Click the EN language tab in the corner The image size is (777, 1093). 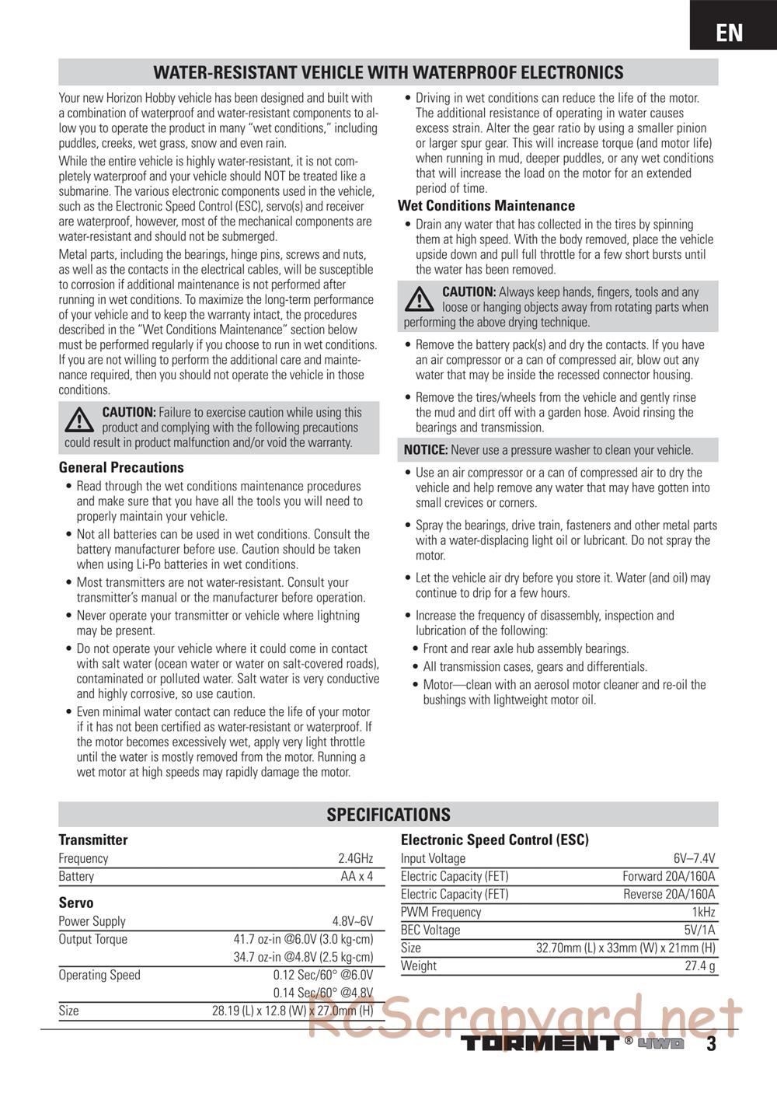click(730, 32)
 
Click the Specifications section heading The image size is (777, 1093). click(388, 815)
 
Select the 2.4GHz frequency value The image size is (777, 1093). click(355, 858)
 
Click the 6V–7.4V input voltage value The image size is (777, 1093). click(694, 858)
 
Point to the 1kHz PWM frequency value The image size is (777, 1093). click(703, 912)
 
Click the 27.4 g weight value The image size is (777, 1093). click(699, 966)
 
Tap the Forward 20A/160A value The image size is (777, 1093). click(668, 876)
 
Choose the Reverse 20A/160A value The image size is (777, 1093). click(669, 894)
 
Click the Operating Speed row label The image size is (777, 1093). click(99, 975)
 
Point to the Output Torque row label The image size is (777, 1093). click(92, 939)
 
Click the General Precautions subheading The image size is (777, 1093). click(121, 467)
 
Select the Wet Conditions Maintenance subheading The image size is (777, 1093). click(486, 206)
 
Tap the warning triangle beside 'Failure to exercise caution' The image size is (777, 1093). click(78, 421)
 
